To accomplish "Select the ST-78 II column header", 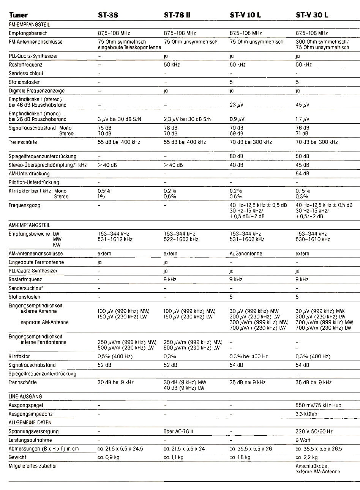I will point(177,15).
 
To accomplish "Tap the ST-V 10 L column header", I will point(245,15).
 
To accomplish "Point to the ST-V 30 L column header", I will point(312,15).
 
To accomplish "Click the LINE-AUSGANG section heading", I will point(22,397).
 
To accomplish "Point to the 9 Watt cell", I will point(303,440).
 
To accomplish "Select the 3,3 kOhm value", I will point(306,414).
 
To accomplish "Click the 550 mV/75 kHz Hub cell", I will point(318,405).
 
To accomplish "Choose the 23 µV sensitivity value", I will point(237,105).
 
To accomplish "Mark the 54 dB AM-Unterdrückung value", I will point(302,174).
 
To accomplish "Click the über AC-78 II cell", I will point(179,432).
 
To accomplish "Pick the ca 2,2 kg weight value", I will point(306,457).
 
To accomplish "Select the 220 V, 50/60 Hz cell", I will point(314,432).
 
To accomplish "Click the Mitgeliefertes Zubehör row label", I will point(33,466).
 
